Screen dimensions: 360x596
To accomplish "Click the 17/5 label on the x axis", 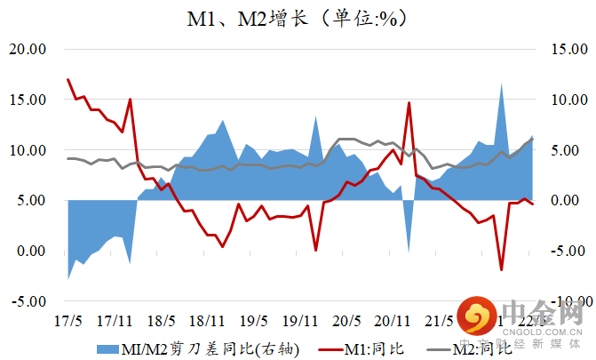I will coord(68,319).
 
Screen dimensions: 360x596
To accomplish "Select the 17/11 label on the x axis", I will coord(114,319).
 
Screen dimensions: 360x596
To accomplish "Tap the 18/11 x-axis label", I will coord(206,319).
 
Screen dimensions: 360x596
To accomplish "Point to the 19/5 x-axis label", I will coord(253,319).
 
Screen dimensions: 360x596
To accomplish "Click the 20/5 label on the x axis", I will coord(346,319).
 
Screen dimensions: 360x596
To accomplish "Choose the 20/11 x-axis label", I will coord(392,319).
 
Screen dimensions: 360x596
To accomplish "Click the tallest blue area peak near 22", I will coord(502,84).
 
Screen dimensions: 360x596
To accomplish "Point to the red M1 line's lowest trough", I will coord(502,269).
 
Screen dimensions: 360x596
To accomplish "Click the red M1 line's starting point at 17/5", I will coord(68,79).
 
